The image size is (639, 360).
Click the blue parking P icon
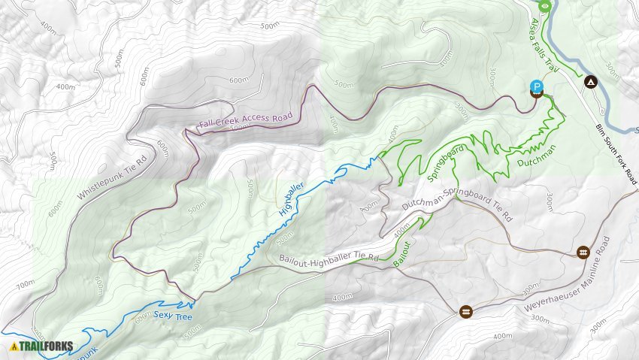pyautogui.click(x=537, y=86)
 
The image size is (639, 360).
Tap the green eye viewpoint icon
pyautogui.click(x=545, y=7)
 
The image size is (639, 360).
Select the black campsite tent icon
pyautogui.click(x=591, y=80)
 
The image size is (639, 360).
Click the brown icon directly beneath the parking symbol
pyautogui.click(x=537, y=95)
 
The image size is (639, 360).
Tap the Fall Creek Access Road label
pyautogui.click(x=245, y=118)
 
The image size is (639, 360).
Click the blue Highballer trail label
pyautogui.click(x=291, y=200)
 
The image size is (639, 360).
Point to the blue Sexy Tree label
pyautogui.click(x=173, y=316)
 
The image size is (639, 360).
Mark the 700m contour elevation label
pyautogui.click(x=26, y=284)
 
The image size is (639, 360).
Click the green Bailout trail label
pyautogui.click(x=404, y=254)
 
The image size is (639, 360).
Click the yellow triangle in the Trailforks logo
pyautogui.click(x=14, y=346)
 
